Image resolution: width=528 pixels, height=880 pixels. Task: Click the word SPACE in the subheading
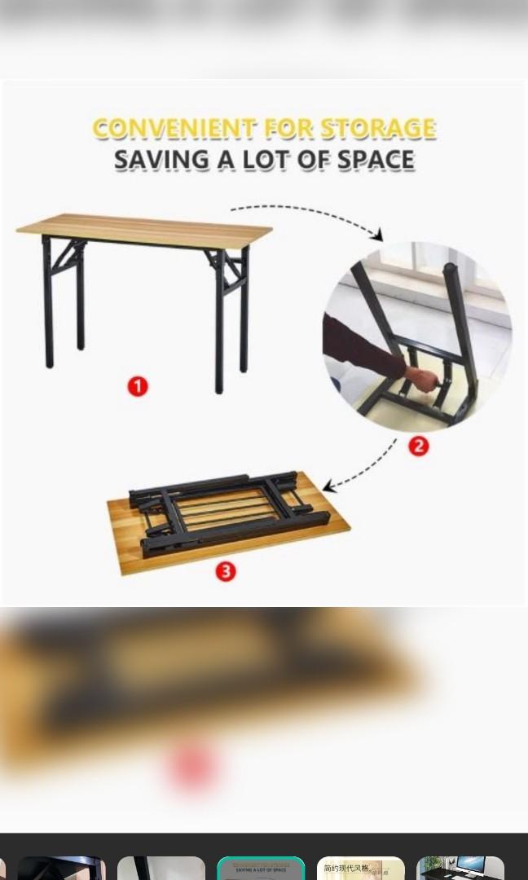373,160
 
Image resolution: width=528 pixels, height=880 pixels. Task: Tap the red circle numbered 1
138,386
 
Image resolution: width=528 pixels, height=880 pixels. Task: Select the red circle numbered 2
418,446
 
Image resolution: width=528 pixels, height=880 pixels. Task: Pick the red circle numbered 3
226,571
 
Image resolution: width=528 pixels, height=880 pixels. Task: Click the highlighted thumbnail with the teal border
261,869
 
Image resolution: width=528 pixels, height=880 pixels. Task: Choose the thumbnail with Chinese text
360,869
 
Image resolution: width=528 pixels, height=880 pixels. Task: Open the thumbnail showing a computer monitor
460,869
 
